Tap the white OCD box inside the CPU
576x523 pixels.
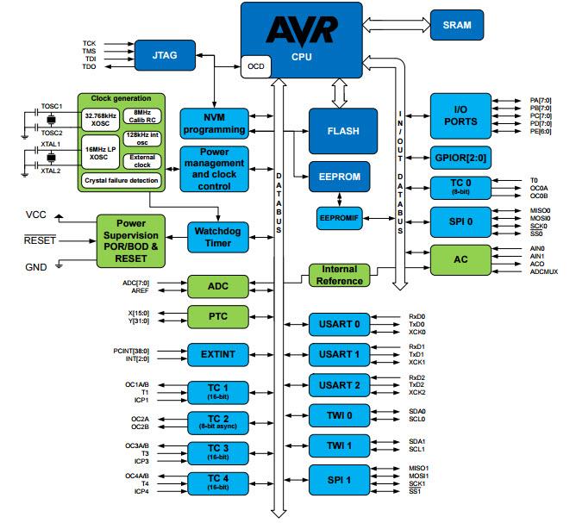pos(256,66)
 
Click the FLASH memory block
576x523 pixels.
pos(343,131)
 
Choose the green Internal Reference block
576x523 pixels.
pos(338,275)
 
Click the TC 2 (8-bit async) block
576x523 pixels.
pos(218,421)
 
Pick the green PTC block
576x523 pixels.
pos(218,316)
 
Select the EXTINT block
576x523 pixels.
pos(218,353)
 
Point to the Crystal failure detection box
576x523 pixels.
pos(120,181)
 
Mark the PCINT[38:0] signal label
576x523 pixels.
pos(130,350)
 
